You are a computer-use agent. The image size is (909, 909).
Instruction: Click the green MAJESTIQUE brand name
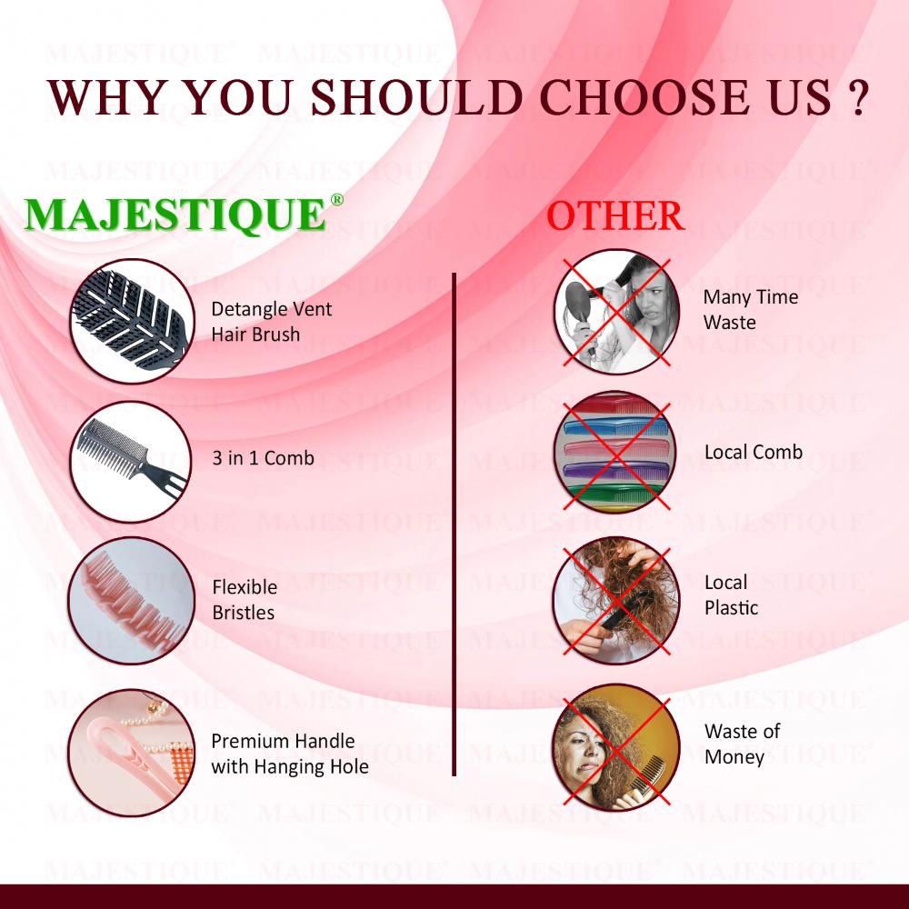coord(175,215)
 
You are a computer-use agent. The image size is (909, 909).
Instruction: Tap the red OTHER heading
coord(615,215)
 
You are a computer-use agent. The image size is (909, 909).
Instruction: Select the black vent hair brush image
coord(132,321)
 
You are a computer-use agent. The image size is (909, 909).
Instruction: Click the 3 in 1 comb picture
coord(131,462)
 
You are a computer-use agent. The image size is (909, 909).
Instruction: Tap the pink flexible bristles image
coord(132,600)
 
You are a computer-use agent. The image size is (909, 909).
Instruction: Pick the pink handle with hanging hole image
coord(132,753)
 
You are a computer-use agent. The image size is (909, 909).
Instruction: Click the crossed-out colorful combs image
coord(615,452)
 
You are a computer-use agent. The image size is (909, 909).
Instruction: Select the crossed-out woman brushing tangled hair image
coord(616,312)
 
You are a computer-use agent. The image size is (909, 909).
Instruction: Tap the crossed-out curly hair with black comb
coord(615,600)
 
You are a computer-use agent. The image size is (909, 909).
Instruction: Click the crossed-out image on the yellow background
coord(615,748)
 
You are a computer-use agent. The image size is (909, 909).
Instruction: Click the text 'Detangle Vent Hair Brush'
coord(271,321)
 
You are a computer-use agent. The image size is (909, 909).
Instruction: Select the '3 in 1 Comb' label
coord(264,458)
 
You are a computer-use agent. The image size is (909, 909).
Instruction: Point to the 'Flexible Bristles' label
coord(245,599)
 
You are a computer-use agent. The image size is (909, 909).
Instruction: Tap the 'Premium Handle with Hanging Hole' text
coord(290,754)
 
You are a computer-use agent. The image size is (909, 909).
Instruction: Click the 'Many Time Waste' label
coord(751,309)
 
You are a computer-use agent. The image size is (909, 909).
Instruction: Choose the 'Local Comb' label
coord(754,452)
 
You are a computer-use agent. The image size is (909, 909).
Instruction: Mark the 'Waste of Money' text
coord(743,744)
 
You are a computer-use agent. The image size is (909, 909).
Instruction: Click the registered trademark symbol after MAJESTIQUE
coord(337,199)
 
